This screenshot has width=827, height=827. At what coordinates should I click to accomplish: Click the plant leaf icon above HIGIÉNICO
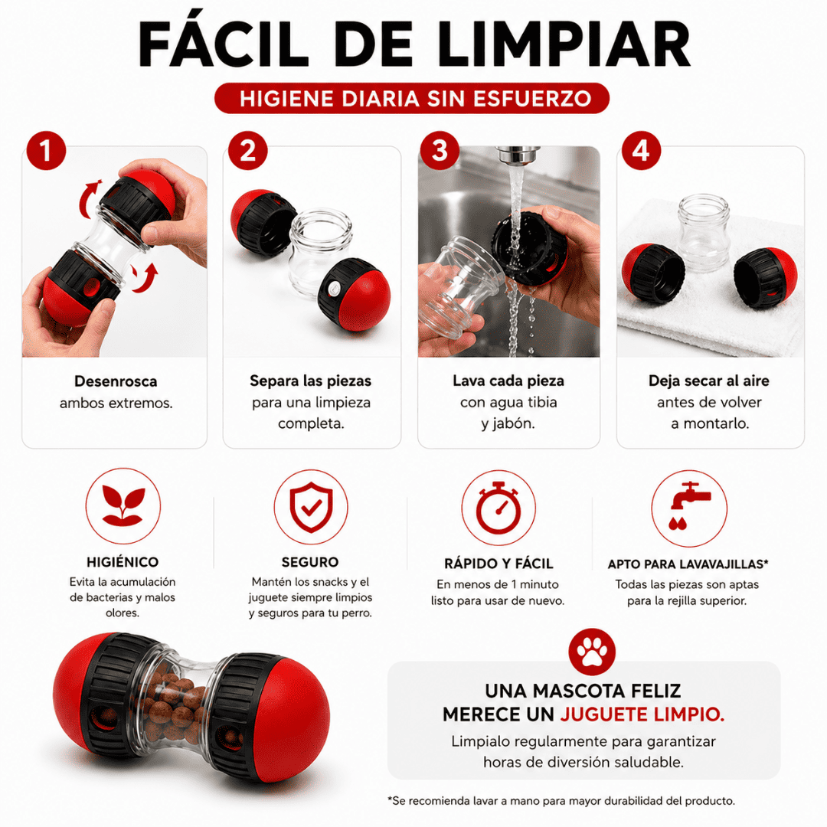(123, 506)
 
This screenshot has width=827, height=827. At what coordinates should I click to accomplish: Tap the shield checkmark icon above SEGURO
(311, 507)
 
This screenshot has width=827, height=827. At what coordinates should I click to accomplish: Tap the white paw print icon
(592, 652)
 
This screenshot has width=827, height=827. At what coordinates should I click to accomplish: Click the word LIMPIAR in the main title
(564, 44)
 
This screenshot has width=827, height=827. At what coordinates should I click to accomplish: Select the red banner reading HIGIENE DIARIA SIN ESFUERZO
(412, 99)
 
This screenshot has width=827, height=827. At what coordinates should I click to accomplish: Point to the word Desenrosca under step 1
(116, 381)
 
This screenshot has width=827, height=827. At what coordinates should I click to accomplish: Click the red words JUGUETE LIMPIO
(642, 714)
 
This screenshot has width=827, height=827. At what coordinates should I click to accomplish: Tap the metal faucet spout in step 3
(518, 155)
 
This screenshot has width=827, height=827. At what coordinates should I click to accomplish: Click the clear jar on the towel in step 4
(704, 233)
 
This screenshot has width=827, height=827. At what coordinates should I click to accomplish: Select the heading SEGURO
(310, 562)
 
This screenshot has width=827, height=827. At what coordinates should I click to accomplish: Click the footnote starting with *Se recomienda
(561, 801)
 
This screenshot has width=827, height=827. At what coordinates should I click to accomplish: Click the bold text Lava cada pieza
(508, 381)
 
